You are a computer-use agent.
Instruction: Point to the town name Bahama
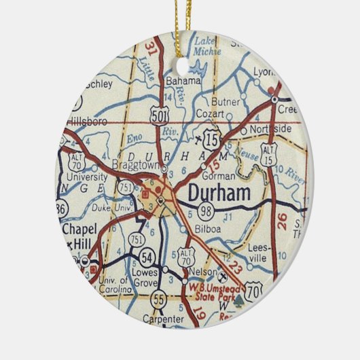pyautogui.click(x=183, y=81)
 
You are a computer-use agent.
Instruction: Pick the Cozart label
pyautogui.click(x=210, y=114)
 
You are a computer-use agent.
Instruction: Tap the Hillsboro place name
pyautogui.click(x=88, y=122)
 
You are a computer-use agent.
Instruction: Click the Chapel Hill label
pyautogui.click(x=80, y=235)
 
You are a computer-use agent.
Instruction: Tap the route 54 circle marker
pyautogui.click(x=147, y=256)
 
